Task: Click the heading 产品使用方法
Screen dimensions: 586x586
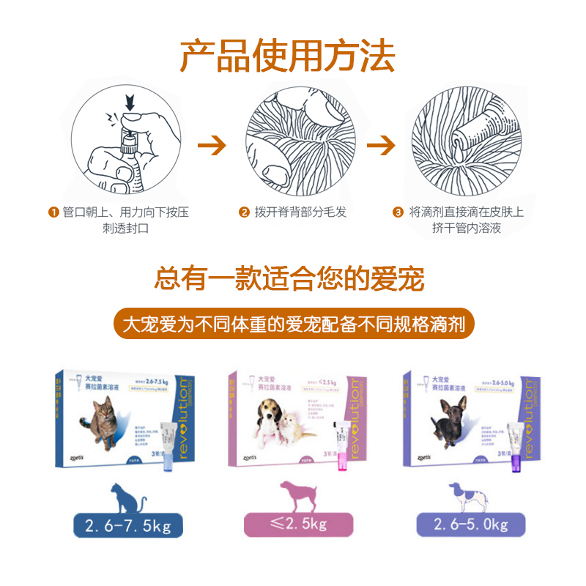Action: [287, 56]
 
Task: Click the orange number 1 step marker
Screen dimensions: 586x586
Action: [53, 213]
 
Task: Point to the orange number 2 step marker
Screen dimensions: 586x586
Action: [244, 213]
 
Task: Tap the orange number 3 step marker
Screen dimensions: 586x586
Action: [398, 213]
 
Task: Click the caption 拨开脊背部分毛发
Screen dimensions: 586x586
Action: [311, 213]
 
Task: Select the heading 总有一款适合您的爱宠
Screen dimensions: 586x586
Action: [290, 278]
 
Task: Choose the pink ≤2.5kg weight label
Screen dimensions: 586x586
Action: [298, 524]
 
